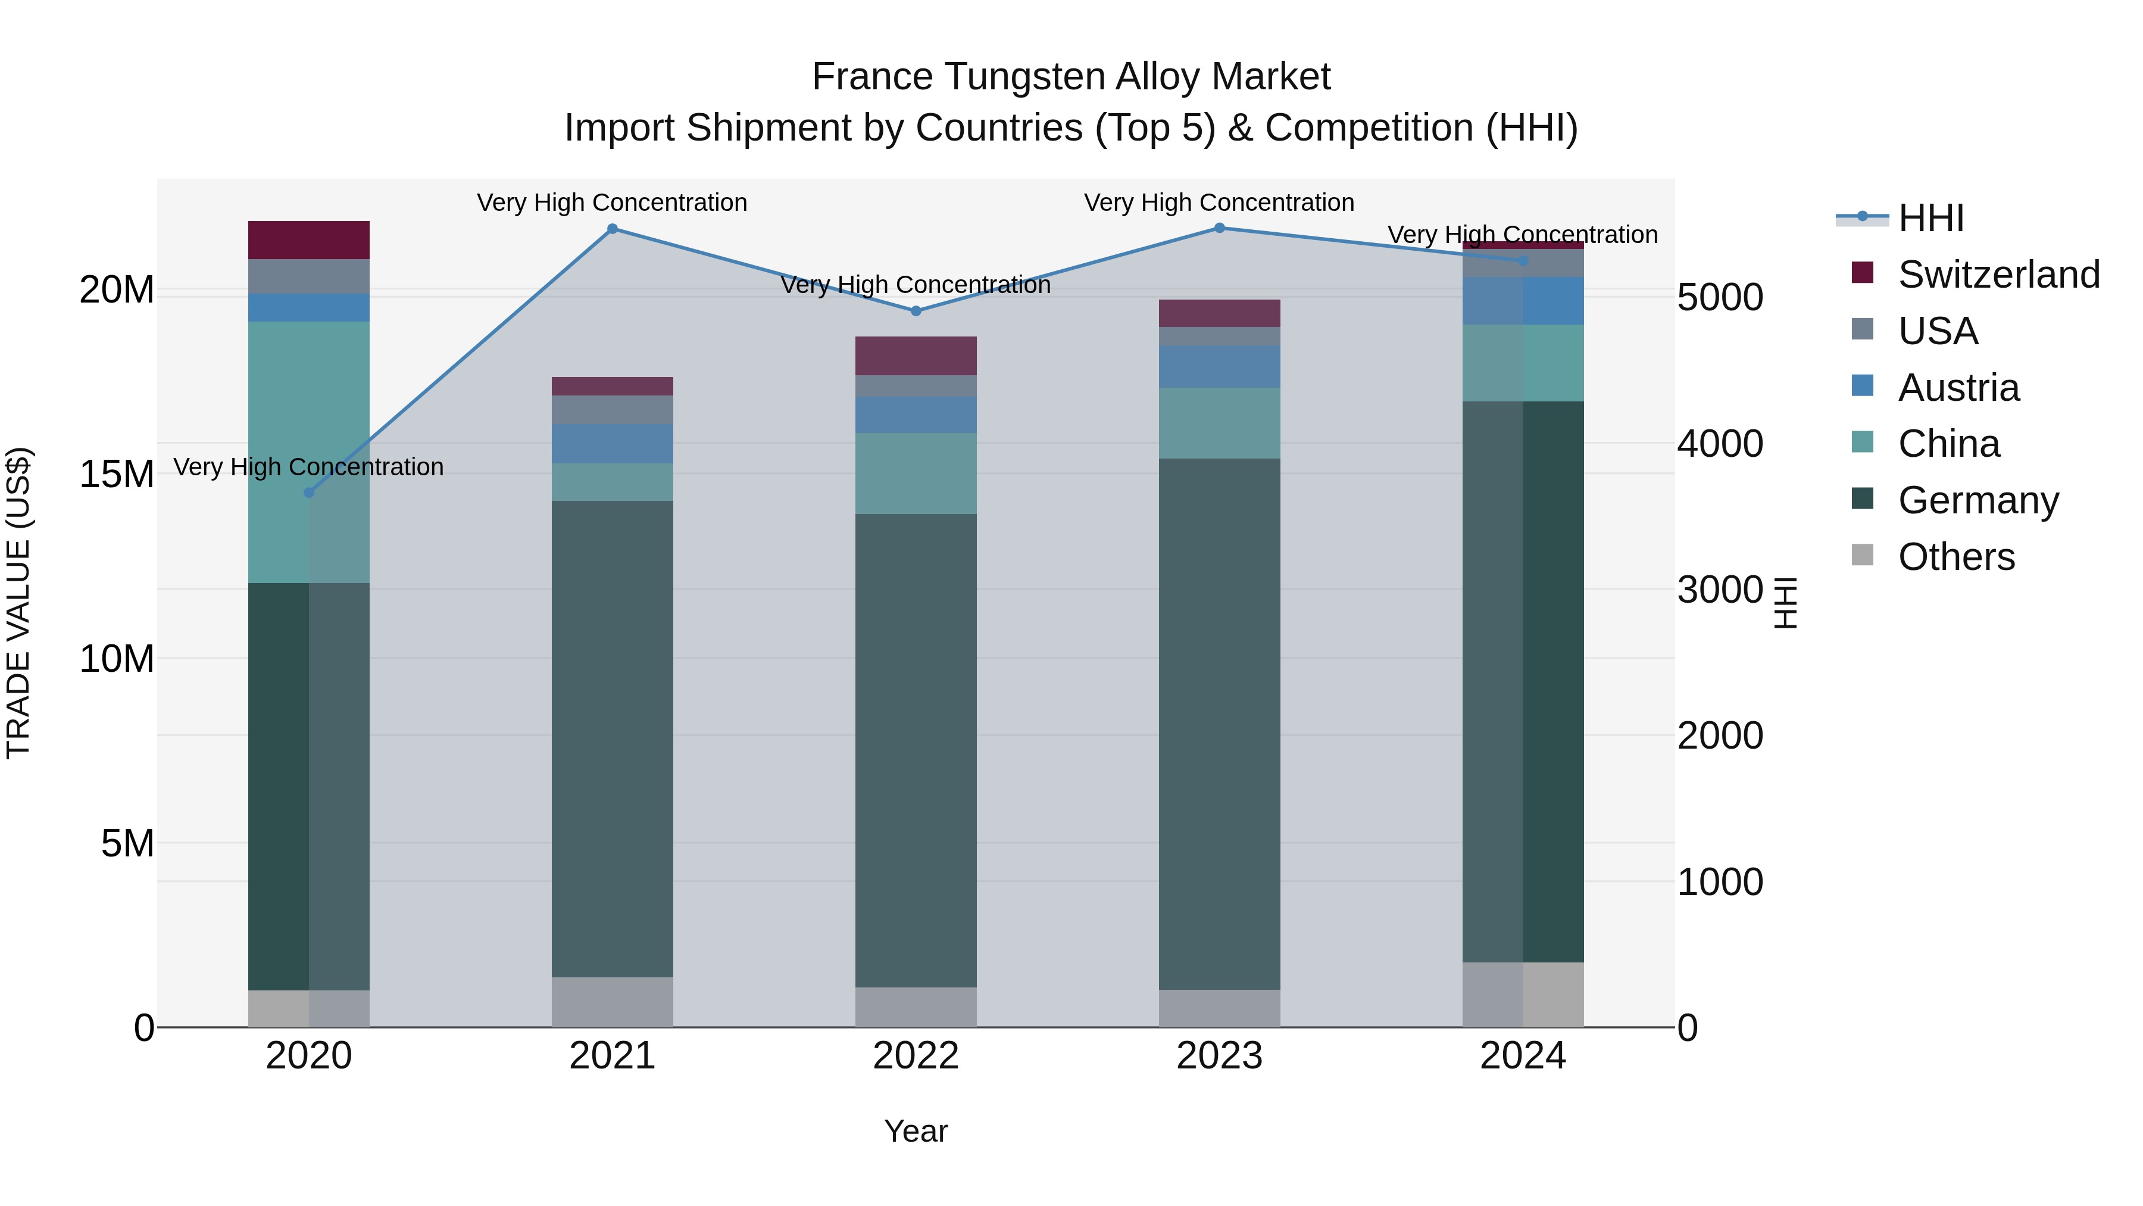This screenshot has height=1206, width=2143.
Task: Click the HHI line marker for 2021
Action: tap(613, 229)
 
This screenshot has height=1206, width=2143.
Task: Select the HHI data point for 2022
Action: tap(916, 311)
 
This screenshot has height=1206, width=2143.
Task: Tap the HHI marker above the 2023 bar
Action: tap(1220, 228)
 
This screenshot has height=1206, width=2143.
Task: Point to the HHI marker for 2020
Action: tap(308, 493)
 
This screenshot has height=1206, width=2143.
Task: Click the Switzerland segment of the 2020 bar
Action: tap(308, 239)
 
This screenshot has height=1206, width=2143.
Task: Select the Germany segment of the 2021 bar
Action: tap(613, 738)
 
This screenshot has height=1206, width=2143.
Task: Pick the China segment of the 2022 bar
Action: tap(916, 473)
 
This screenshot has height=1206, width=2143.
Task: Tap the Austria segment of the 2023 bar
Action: tap(1220, 366)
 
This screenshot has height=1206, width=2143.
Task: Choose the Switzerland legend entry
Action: tap(1998, 275)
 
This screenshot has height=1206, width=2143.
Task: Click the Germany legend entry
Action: tap(1978, 500)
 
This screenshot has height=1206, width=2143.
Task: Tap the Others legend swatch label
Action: tap(1956, 557)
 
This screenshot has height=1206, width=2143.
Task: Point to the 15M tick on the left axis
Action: tap(117, 475)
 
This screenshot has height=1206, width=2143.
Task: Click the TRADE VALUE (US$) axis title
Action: tap(18, 603)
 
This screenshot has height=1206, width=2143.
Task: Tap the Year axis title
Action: tap(916, 1131)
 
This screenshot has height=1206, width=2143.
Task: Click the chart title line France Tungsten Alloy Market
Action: tap(1071, 77)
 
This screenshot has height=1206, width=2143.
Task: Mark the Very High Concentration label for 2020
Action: tap(308, 467)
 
